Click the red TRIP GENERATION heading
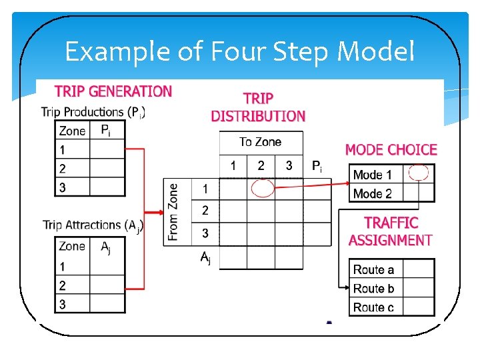113,91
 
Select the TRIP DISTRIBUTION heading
258,107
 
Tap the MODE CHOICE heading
391,150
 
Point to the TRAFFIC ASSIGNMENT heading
391,231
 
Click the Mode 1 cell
373,175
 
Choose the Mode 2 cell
373,194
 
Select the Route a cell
373,269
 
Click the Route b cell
373,288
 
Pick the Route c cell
373,307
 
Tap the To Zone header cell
261,142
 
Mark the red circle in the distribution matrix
262,189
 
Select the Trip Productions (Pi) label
93,112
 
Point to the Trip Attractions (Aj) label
93,225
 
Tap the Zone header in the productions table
72,131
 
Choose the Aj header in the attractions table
105,247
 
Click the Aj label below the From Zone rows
205,257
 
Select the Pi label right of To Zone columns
317,166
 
